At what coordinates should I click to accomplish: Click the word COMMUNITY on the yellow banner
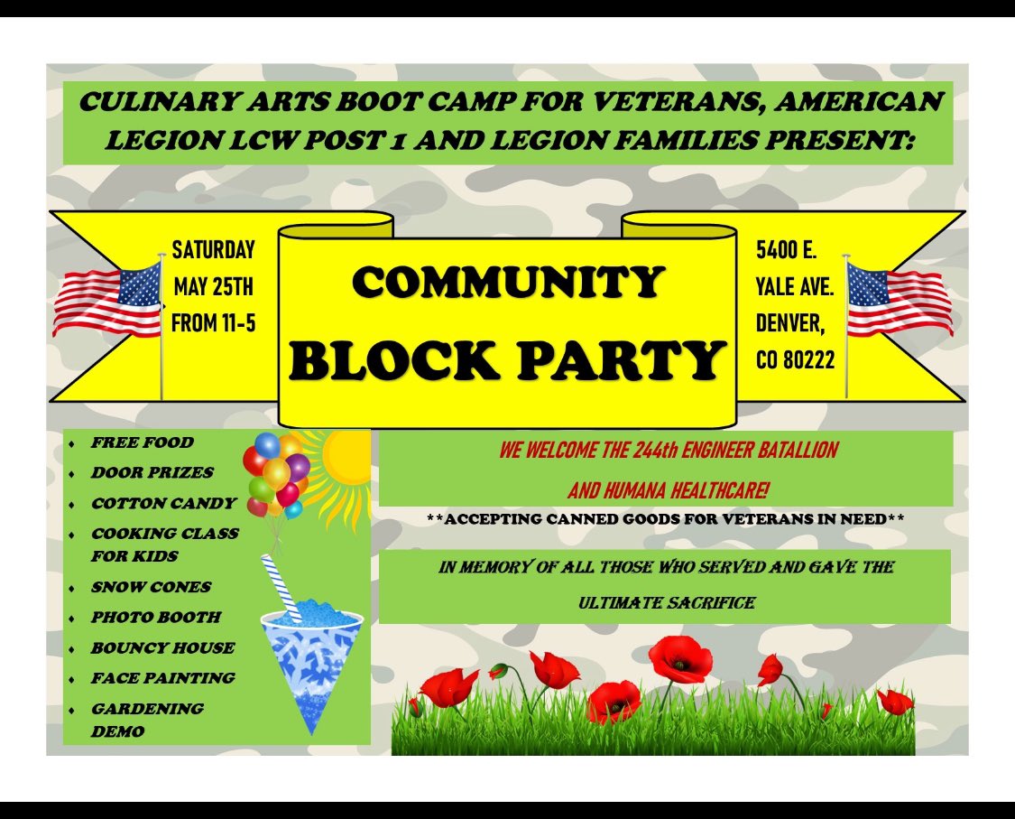tap(508, 283)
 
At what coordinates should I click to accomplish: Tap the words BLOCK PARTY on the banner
tap(508, 360)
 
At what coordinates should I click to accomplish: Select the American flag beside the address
tap(899, 298)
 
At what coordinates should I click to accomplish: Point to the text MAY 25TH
tap(213, 287)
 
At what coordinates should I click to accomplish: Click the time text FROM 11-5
tap(213, 323)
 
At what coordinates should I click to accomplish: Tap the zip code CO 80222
tap(795, 360)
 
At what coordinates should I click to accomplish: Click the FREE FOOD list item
tap(142, 442)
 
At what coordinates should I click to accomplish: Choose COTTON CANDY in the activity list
tap(163, 503)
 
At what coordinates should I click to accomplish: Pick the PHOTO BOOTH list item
tap(155, 618)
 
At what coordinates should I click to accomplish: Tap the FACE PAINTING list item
tap(162, 678)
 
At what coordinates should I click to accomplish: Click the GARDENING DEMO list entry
tap(146, 720)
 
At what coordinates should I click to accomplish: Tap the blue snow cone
tap(311, 650)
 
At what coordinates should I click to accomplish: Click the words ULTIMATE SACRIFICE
tap(666, 602)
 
